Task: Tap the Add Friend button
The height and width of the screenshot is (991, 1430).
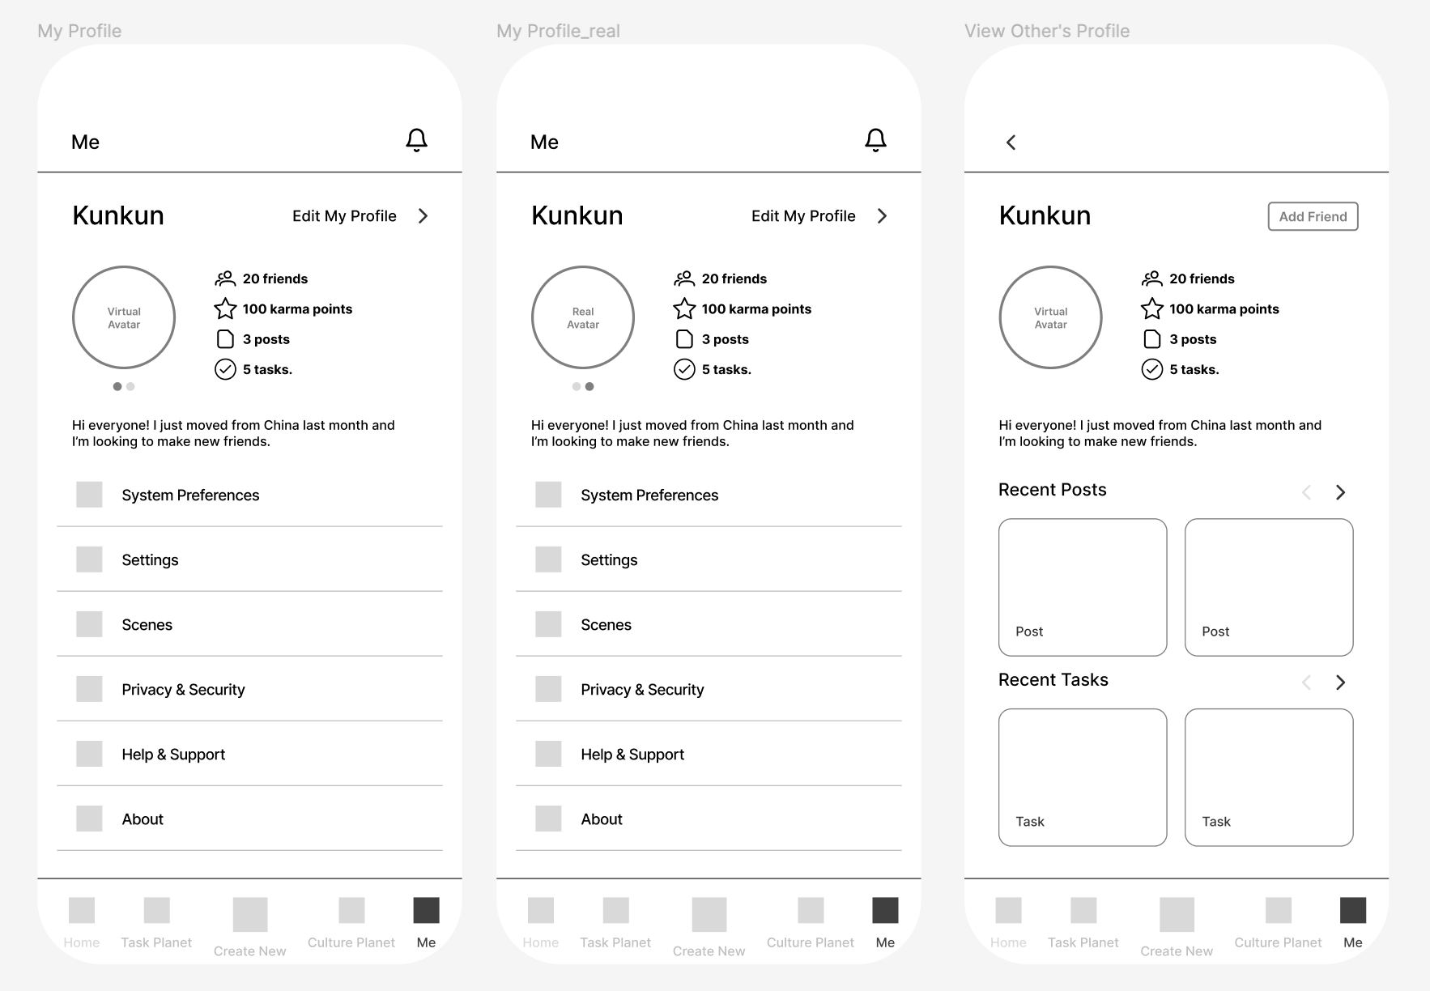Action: (x=1313, y=216)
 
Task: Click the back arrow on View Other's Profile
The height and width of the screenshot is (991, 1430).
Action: (x=1011, y=142)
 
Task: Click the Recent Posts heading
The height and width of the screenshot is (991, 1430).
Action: (x=1052, y=490)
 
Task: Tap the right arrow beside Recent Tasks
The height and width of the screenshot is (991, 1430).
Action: (x=1340, y=683)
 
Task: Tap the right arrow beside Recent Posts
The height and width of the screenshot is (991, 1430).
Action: (x=1340, y=492)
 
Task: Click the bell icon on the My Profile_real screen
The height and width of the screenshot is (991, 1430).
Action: (x=875, y=140)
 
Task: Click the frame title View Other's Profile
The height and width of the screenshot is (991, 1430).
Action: (x=1047, y=31)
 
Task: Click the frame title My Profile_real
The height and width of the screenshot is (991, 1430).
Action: (x=558, y=31)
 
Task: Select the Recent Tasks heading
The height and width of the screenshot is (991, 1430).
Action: (x=1053, y=680)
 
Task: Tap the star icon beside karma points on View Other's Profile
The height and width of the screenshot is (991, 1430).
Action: (x=1152, y=308)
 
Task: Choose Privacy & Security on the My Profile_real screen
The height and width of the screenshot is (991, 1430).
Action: (x=642, y=690)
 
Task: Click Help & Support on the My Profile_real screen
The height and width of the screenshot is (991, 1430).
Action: (x=632, y=755)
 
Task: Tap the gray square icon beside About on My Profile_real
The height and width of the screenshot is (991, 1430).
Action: (x=548, y=819)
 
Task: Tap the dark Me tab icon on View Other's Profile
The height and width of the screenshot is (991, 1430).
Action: (x=1353, y=910)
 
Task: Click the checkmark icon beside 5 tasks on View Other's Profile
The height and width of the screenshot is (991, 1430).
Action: (x=1152, y=369)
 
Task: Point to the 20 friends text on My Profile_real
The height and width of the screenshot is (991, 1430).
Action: (x=734, y=279)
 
